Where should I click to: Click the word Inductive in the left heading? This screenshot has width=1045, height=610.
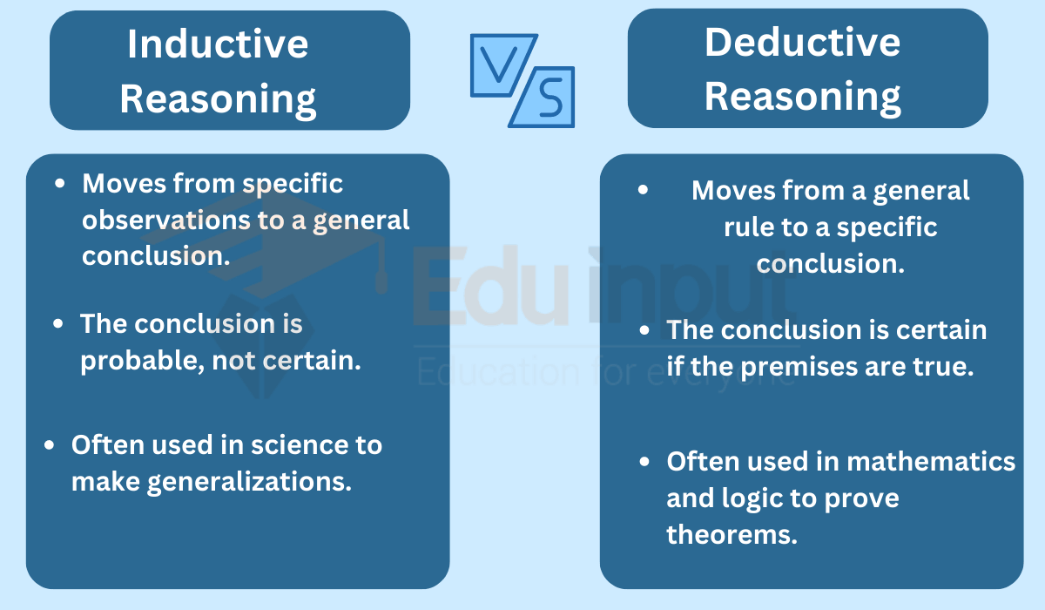point(218,44)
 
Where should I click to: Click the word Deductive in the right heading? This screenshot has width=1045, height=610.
point(802,42)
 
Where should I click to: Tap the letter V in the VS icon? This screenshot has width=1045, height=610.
point(498,65)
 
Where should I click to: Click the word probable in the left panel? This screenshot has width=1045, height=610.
point(142,361)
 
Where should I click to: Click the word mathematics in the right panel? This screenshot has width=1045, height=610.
point(931,462)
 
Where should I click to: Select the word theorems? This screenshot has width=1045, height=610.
point(732,534)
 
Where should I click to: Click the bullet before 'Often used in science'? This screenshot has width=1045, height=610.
point(49,444)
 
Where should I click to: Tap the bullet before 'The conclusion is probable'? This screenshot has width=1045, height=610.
point(57,323)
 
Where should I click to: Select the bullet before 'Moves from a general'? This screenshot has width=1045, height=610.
point(643,189)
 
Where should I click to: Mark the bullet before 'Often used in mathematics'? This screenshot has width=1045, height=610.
point(644,462)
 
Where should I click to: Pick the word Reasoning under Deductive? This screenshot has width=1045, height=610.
point(802,97)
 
